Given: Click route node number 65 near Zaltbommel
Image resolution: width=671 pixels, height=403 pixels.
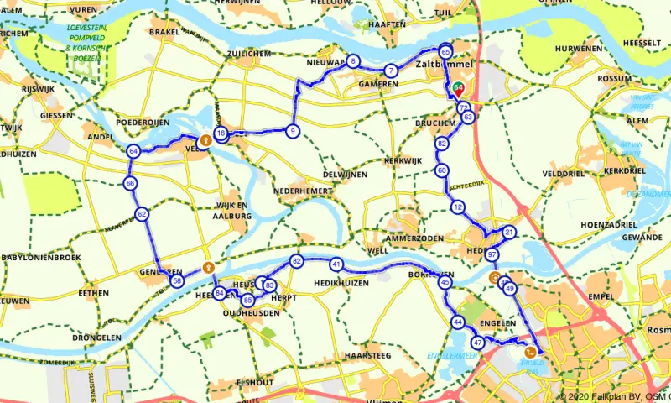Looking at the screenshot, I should click(445, 50).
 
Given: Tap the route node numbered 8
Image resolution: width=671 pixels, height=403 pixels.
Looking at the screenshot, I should click(354, 61).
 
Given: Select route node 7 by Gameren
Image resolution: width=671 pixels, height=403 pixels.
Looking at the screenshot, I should click(391, 71).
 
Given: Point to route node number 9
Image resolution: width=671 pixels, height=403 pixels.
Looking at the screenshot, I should click(292, 130).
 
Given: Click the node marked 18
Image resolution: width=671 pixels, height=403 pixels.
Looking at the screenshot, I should click(220, 133).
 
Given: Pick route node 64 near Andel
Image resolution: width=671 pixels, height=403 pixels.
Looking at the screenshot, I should click(133, 152).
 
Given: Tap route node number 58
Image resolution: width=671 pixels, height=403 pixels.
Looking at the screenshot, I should click(177, 281).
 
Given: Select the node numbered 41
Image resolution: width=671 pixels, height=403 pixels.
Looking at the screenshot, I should click(336, 264).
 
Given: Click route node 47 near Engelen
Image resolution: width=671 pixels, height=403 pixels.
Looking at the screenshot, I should click(478, 343).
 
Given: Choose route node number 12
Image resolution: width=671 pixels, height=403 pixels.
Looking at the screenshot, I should click(457, 207).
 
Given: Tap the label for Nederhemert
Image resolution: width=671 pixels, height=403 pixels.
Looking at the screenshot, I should click(302, 191).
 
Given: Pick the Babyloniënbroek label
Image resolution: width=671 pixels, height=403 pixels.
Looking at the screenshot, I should click(39, 257).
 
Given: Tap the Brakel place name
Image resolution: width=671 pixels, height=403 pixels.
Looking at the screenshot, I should click(164, 32).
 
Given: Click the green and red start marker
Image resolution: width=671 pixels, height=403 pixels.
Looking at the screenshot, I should click(458, 86).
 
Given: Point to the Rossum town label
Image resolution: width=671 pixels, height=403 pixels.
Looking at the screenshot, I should click(615, 78).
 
